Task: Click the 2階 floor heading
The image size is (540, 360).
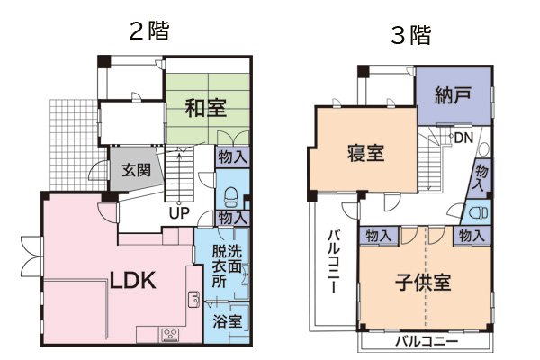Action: pos(148,29)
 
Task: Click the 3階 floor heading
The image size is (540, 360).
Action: pos(409,35)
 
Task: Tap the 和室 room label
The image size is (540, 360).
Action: pos(206,108)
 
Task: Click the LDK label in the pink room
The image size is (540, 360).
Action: pos(132,280)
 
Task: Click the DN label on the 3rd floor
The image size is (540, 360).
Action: pos(464,138)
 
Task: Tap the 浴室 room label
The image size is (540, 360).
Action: pos(227,321)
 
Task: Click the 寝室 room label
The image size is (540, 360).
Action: pos(365,153)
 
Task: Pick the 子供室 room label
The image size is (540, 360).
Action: pos(422,282)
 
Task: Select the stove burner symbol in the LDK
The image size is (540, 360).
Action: pos(170,335)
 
